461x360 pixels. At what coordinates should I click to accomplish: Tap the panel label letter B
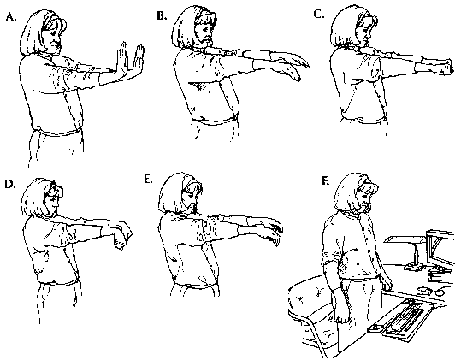click(162, 13)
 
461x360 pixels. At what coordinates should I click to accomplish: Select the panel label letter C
click(318, 13)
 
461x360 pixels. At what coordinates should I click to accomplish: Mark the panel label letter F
click(322, 181)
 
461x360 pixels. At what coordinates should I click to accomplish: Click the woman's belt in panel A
click(56, 132)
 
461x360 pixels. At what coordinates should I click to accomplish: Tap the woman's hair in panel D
click(37, 195)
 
